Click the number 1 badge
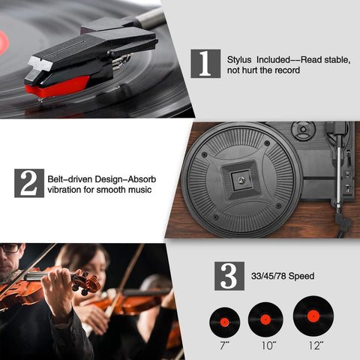205,64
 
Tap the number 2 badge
29,183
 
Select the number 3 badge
229,276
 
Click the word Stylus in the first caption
239,60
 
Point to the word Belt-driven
70,179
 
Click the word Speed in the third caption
301,276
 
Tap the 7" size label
224,346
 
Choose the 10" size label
268,346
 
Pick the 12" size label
316,346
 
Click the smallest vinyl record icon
224,322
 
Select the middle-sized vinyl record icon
265,319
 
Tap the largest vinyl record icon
313,316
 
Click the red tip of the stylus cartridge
57,87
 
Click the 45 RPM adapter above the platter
303,130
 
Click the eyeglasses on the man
10,248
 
